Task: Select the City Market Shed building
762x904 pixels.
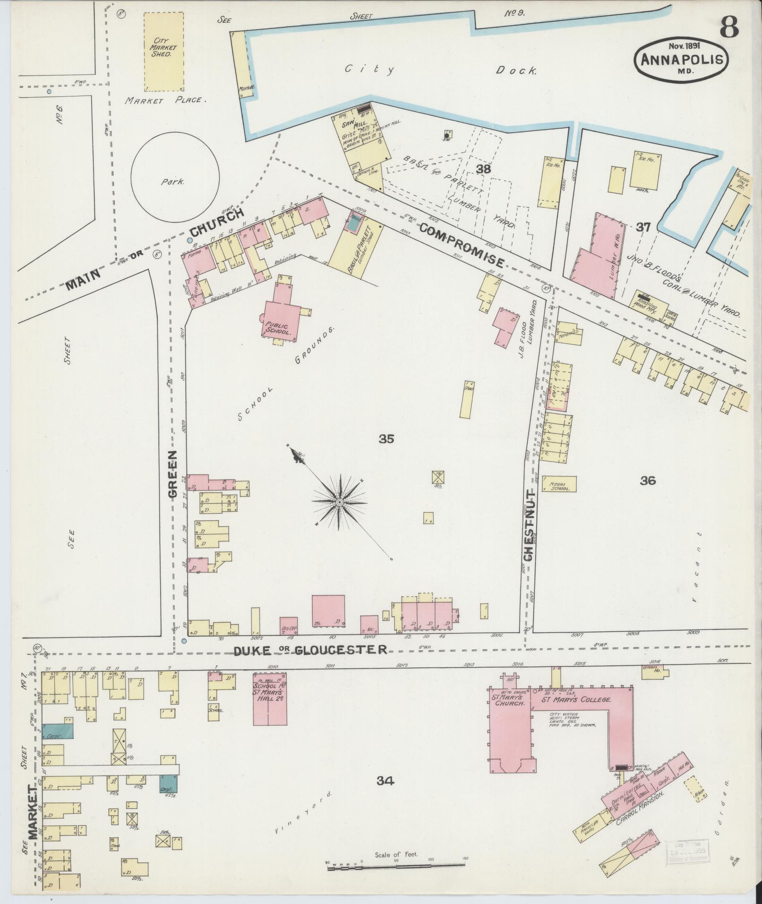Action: pos(163,51)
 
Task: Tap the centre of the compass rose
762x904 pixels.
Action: pos(339,502)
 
